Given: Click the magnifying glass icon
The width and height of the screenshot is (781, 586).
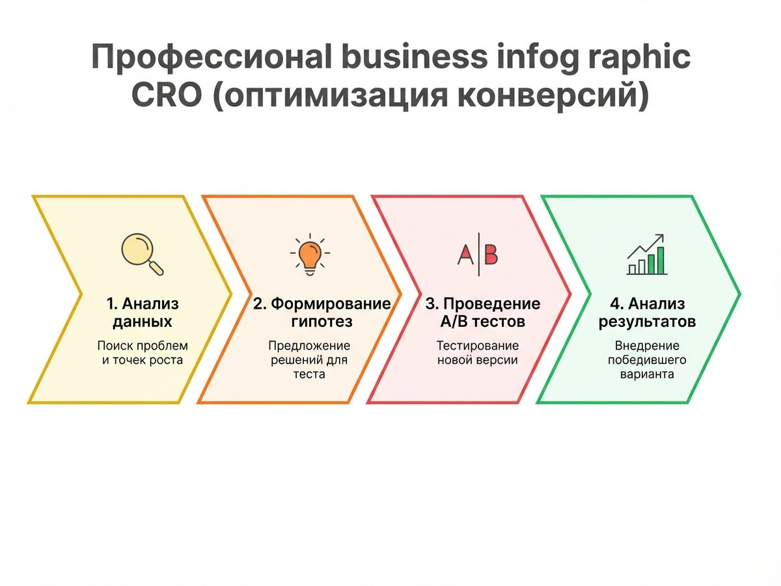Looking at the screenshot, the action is [143, 254].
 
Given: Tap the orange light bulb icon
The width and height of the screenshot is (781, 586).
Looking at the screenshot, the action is [310, 254].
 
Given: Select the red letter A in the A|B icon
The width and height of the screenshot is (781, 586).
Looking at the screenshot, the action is [465, 255].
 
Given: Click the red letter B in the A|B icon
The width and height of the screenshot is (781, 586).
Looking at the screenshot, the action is [490, 255].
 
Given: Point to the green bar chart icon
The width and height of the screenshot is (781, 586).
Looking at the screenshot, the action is [647, 254].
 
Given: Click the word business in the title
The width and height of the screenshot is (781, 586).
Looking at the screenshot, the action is [414, 57].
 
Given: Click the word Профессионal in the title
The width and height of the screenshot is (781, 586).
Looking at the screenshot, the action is [212, 57].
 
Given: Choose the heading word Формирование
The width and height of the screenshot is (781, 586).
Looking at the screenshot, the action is [331, 304].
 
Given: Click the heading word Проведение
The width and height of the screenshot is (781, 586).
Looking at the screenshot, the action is [492, 304].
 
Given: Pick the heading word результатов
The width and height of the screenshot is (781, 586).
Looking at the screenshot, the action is [647, 322].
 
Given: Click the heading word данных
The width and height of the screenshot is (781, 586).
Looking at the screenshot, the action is [143, 322].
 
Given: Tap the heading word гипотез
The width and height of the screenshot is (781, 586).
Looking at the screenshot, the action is [322, 322].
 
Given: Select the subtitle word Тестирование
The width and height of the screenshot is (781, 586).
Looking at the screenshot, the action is [478, 346].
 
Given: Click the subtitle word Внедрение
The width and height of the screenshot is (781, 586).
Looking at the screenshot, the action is [647, 346].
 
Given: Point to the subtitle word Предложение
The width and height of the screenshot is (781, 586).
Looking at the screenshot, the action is [309, 346].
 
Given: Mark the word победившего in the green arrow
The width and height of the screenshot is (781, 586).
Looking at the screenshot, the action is [647, 360].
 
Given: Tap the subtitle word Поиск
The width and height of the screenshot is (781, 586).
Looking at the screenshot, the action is [115, 346].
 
